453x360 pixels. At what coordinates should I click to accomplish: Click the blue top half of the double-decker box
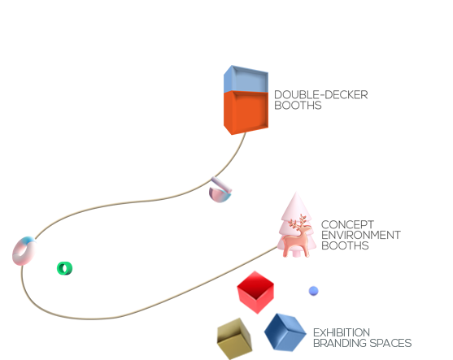[246, 80]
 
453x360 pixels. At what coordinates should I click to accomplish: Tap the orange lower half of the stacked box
[246, 112]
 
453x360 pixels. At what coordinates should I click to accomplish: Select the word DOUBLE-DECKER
[320, 95]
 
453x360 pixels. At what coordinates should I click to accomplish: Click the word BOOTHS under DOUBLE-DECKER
[298, 106]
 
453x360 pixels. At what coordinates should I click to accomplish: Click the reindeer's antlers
[299, 221]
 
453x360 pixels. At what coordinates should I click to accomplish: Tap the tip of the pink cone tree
[295, 193]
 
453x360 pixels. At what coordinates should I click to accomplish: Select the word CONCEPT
[347, 224]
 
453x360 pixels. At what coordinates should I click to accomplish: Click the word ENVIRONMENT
[361, 235]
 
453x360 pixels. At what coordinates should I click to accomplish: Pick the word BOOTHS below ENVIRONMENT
[345, 245]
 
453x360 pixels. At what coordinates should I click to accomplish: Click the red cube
[255, 292]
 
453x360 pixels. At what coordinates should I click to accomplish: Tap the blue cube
[285, 332]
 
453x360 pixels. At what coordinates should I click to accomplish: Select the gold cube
[234, 338]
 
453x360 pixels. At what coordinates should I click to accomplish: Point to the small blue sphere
[313, 291]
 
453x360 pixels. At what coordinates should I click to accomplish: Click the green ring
[64, 268]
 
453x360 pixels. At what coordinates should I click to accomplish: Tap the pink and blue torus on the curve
[24, 251]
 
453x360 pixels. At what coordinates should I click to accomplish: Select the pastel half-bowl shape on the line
[220, 190]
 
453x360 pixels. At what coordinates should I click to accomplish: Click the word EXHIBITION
[342, 332]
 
